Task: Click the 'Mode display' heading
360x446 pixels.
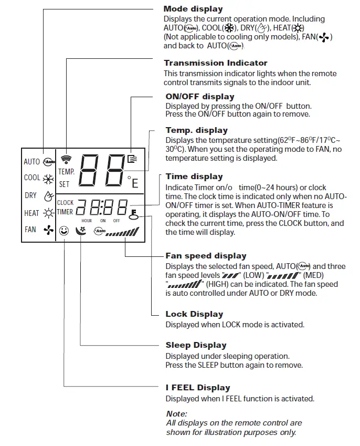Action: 193,8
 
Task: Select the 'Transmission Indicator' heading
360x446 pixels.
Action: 215,63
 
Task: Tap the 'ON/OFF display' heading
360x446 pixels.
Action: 200,97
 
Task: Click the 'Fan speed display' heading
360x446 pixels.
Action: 206,256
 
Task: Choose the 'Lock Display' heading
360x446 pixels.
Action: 194,314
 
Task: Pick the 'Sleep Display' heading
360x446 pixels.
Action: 196,345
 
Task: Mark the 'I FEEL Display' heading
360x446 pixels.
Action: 197,388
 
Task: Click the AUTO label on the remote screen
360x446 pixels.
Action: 31,162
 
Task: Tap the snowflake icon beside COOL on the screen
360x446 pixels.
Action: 48,178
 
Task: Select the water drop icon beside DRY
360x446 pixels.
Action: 48,196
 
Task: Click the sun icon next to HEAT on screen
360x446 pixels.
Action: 48,213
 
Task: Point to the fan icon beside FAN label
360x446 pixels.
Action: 48,230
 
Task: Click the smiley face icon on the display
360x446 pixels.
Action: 65,231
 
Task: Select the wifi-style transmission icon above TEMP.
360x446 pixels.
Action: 66,159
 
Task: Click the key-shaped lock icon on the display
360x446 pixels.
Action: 134,214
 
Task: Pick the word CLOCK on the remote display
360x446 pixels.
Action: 65,203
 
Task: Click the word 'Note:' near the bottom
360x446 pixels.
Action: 176,414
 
